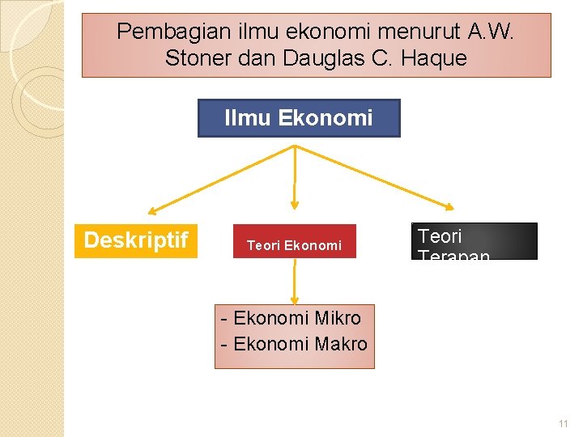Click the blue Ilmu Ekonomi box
pyautogui.click(x=299, y=118)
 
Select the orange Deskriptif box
pyautogui.click(x=136, y=240)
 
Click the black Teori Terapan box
pyautogui.click(x=474, y=241)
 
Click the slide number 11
pyautogui.click(x=563, y=424)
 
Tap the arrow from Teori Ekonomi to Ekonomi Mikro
pyautogui.click(x=295, y=283)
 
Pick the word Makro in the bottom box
pyautogui.click(x=340, y=343)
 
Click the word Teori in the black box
pyautogui.click(x=440, y=236)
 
